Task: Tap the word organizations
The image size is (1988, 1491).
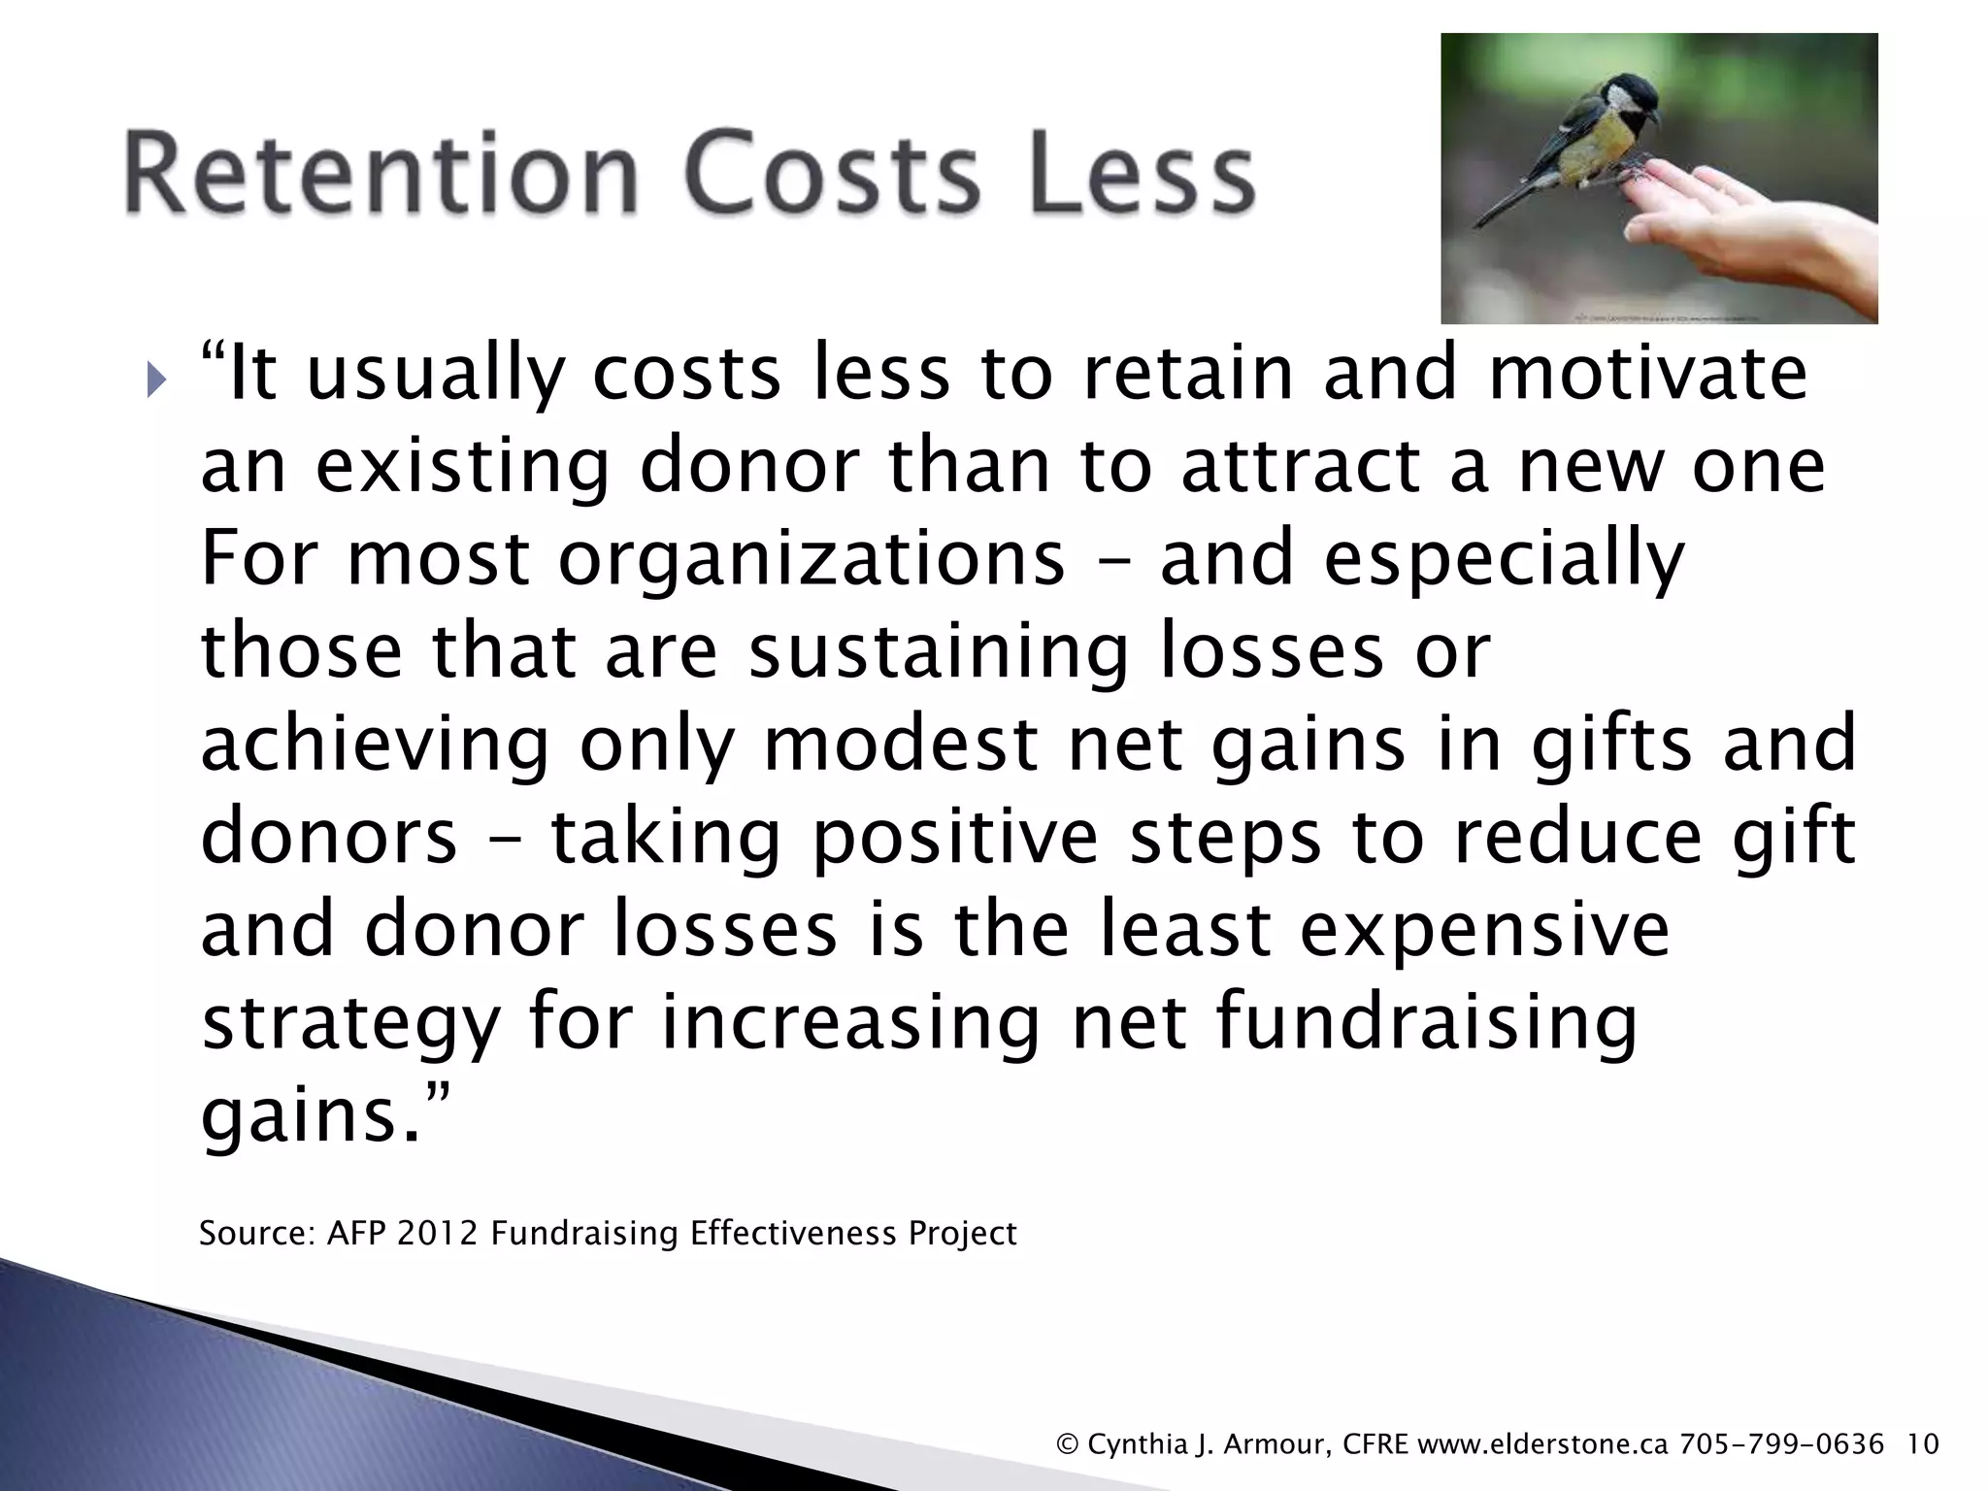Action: coord(812,560)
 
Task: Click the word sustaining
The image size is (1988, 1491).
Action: coord(938,652)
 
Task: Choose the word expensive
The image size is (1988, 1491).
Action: coord(1485,929)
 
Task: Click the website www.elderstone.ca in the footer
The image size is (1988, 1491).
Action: coord(1542,1444)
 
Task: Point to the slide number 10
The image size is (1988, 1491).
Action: coord(1923,1444)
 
